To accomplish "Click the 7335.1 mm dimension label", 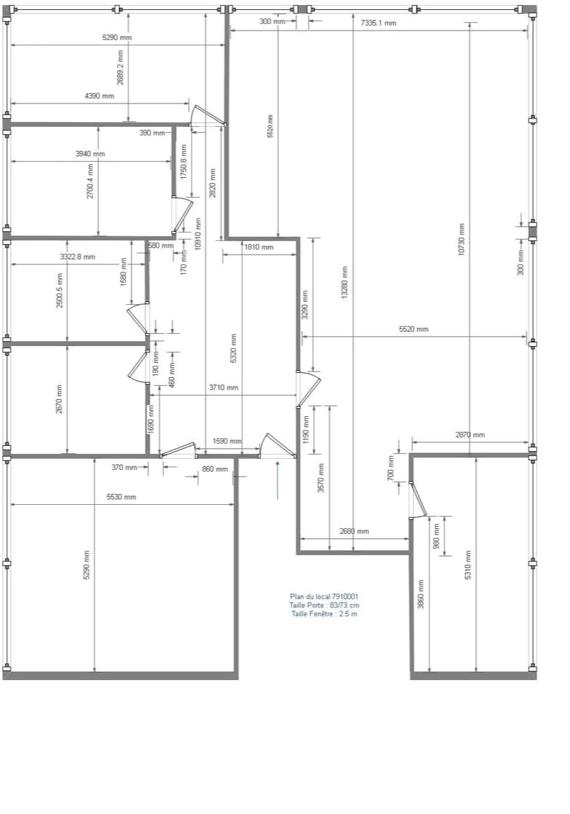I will (x=378, y=23).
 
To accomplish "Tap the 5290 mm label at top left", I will (x=117, y=37).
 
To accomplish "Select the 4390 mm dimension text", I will (x=99, y=96).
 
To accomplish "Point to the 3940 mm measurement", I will (x=90, y=154).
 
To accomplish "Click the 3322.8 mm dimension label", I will (x=77, y=257).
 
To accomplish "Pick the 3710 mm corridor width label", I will (x=224, y=388).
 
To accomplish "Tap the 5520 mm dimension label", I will (x=414, y=329).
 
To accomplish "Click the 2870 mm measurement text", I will (x=470, y=435).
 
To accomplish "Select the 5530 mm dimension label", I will (x=121, y=497).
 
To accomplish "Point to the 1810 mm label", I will (x=258, y=247).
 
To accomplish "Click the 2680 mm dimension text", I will (x=354, y=531).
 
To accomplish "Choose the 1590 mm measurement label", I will (x=227, y=441).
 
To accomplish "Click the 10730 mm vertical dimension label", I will (x=461, y=240).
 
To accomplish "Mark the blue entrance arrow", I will (x=278, y=479).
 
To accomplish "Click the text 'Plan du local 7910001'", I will (x=324, y=597).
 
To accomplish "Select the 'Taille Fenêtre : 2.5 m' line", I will (x=324, y=614).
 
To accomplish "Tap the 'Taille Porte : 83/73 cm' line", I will (x=324, y=606).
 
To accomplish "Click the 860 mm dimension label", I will (x=215, y=469).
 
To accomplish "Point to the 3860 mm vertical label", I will (x=421, y=594).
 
